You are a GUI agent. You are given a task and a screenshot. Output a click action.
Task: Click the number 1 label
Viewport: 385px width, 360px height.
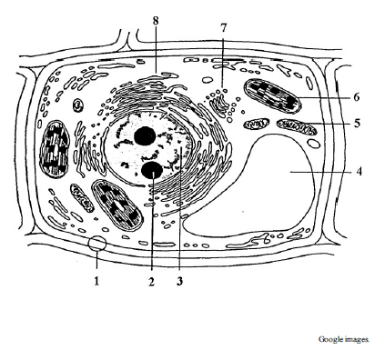[96, 281]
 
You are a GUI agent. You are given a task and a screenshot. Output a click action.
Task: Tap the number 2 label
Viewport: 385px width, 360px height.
[151, 282]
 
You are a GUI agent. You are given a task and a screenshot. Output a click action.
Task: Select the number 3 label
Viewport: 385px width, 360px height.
[179, 281]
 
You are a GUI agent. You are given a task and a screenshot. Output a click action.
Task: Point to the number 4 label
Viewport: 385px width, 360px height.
[359, 172]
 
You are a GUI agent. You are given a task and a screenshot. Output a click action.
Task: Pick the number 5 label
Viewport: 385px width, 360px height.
[357, 124]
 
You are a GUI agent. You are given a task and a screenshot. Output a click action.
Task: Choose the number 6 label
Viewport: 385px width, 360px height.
[357, 97]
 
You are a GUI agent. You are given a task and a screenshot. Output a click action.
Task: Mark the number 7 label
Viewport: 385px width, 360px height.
[223, 28]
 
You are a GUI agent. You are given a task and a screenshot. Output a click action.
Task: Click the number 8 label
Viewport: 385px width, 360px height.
[156, 21]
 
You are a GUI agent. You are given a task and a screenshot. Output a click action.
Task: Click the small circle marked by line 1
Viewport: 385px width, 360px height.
[97, 243]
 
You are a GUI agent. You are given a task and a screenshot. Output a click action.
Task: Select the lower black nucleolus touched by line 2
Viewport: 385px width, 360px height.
[152, 171]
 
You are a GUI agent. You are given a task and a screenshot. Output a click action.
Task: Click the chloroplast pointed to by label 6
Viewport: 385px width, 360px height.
[273, 96]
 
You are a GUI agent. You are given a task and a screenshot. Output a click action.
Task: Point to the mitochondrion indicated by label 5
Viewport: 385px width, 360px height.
[297, 126]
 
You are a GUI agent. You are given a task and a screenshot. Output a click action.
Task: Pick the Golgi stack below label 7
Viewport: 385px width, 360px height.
[220, 104]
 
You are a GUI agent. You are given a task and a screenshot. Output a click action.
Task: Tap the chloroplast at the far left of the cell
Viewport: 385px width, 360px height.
[55, 148]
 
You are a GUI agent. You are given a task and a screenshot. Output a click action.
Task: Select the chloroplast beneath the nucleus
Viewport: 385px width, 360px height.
[117, 204]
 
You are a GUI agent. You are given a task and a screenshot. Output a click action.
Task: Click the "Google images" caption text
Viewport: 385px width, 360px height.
[344, 339]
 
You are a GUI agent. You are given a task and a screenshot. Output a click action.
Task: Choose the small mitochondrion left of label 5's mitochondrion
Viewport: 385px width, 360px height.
[257, 124]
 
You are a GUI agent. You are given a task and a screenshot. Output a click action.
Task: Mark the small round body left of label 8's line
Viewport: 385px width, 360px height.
[78, 105]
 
